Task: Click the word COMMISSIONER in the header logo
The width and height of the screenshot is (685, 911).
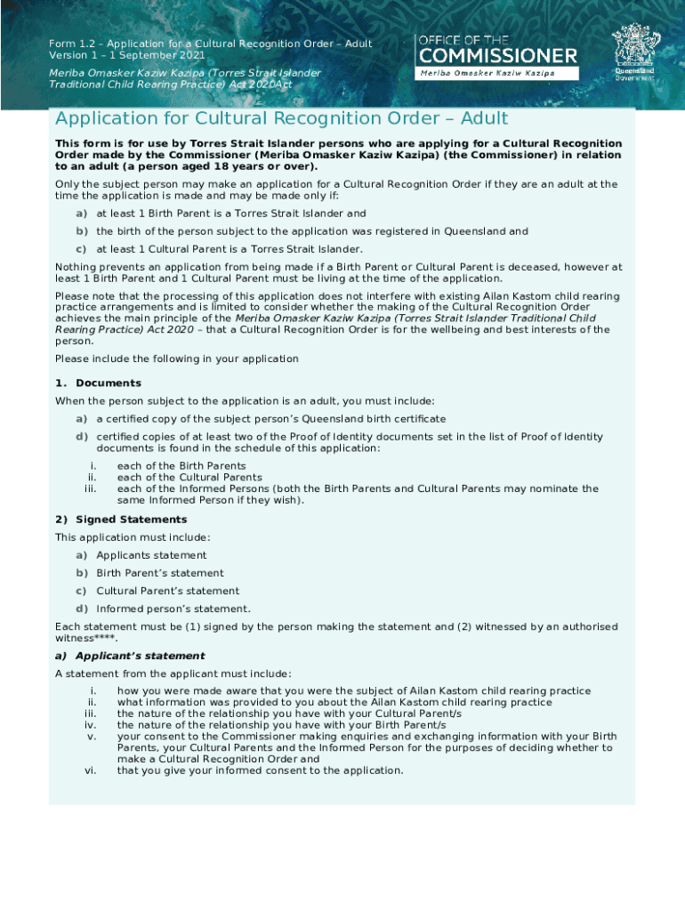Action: (x=497, y=56)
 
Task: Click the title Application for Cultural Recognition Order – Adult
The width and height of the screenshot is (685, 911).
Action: (x=281, y=119)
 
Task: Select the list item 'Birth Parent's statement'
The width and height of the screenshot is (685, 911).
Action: (x=160, y=573)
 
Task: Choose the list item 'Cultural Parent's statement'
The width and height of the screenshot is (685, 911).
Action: (x=167, y=591)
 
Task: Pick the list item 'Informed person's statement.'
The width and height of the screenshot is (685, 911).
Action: (x=173, y=609)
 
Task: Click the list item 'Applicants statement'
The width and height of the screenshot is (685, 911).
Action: (x=151, y=555)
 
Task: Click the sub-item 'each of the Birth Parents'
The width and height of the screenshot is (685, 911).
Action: (x=181, y=466)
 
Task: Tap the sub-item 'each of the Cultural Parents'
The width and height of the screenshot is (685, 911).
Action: (x=189, y=478)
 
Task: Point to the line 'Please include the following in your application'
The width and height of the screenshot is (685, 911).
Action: (x=177, y=359)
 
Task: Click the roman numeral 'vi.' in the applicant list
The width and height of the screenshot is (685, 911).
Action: (x=90, y=771)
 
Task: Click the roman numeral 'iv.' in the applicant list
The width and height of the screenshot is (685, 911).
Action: (x=90, y=725)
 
